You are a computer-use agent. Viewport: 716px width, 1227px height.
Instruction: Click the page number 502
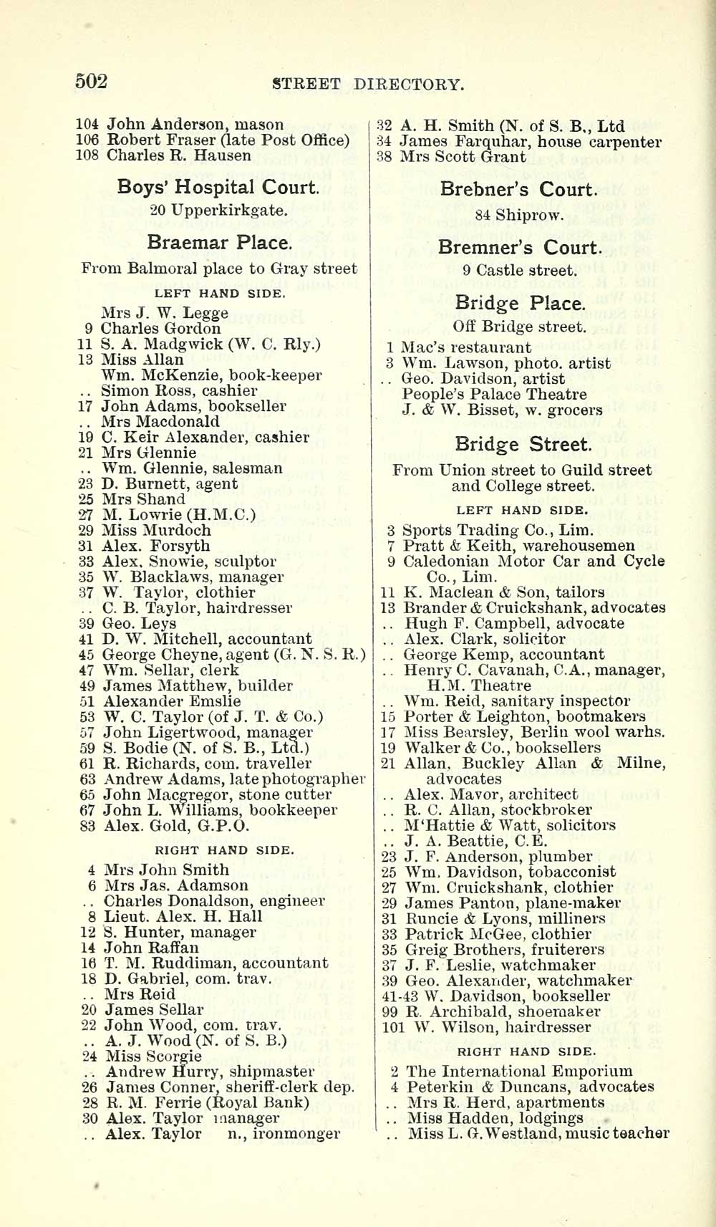tap(91, 82)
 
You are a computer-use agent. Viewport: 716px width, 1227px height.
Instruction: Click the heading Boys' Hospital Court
tap(218, 188)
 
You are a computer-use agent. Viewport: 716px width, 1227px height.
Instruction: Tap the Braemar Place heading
tap(219, 242)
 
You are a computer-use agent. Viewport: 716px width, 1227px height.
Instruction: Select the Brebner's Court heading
tap(518, 190)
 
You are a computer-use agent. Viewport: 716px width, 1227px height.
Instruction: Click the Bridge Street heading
tap(523, 444)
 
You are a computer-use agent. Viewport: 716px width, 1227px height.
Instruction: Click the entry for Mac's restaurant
tap(466, 348)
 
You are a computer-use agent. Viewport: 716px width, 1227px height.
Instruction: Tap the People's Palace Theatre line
tap(494, 394)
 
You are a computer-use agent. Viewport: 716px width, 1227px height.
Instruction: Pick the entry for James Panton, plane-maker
tap(512, 903)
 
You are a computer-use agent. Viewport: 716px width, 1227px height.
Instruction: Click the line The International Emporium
tap(519, 1072)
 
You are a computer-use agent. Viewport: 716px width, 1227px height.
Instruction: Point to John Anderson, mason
tap(195, 125)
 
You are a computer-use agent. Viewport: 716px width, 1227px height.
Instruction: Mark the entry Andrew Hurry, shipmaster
tap(210, 1072)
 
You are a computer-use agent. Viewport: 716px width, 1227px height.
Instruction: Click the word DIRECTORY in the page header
tap(409, 85)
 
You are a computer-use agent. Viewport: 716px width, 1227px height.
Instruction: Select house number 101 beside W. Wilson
tap(393, 1027)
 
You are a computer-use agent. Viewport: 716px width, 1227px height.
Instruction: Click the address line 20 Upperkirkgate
tap(219, 211)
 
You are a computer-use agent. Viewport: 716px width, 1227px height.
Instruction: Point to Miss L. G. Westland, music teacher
tap(538, 1134)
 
